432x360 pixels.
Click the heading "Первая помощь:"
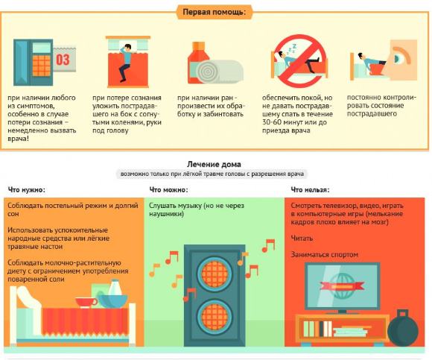click(214, 12)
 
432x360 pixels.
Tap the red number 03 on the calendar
click(63, 60)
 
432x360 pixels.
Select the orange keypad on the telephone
click(42, 66)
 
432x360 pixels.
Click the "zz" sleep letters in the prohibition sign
click(291, 48)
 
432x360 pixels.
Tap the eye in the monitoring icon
click(398, 58)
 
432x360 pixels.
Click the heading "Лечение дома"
click(214, 164)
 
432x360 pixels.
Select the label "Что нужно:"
click(27, 190)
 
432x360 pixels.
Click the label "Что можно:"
click(168, 190)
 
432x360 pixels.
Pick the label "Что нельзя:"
click(311, 190)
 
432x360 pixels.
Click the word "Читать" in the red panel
click(302, 239)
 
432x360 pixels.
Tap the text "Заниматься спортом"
click(325, 254)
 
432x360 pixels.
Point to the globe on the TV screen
click(342, 286)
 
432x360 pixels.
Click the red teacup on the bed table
click(86, 302)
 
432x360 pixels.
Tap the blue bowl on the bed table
click(112, 300)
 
